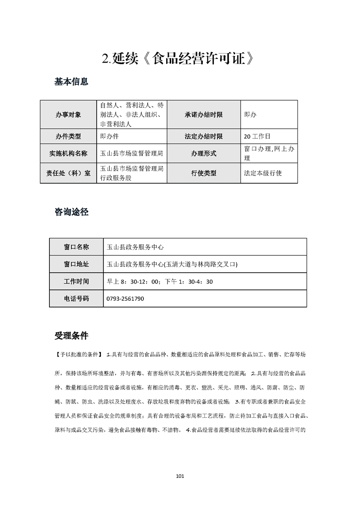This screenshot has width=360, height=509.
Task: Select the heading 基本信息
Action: click(71, 82)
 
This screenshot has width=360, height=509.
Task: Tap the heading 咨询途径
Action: click(71, 212)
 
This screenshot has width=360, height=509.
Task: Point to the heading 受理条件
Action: click(71, 336)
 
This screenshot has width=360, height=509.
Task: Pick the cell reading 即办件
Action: click(109, 136)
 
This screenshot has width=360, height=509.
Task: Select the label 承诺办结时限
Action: click(204, 115)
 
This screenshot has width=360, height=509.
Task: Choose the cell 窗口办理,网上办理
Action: click(269, 153)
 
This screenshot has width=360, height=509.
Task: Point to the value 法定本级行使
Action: click(263, 173)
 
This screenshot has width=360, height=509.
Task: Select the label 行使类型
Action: click(204, 173)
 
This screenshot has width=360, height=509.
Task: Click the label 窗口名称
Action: click(76, 247)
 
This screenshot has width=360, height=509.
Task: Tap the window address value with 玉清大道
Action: click(172, 264)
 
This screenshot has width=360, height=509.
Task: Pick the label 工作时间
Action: click(76, 281)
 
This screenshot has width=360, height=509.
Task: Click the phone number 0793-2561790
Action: click(125, 299)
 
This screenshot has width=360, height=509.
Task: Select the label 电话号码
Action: click(76, 299)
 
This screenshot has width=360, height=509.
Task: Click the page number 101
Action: click(180, 476)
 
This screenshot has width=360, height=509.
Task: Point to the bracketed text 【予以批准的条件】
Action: click(78, 354)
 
